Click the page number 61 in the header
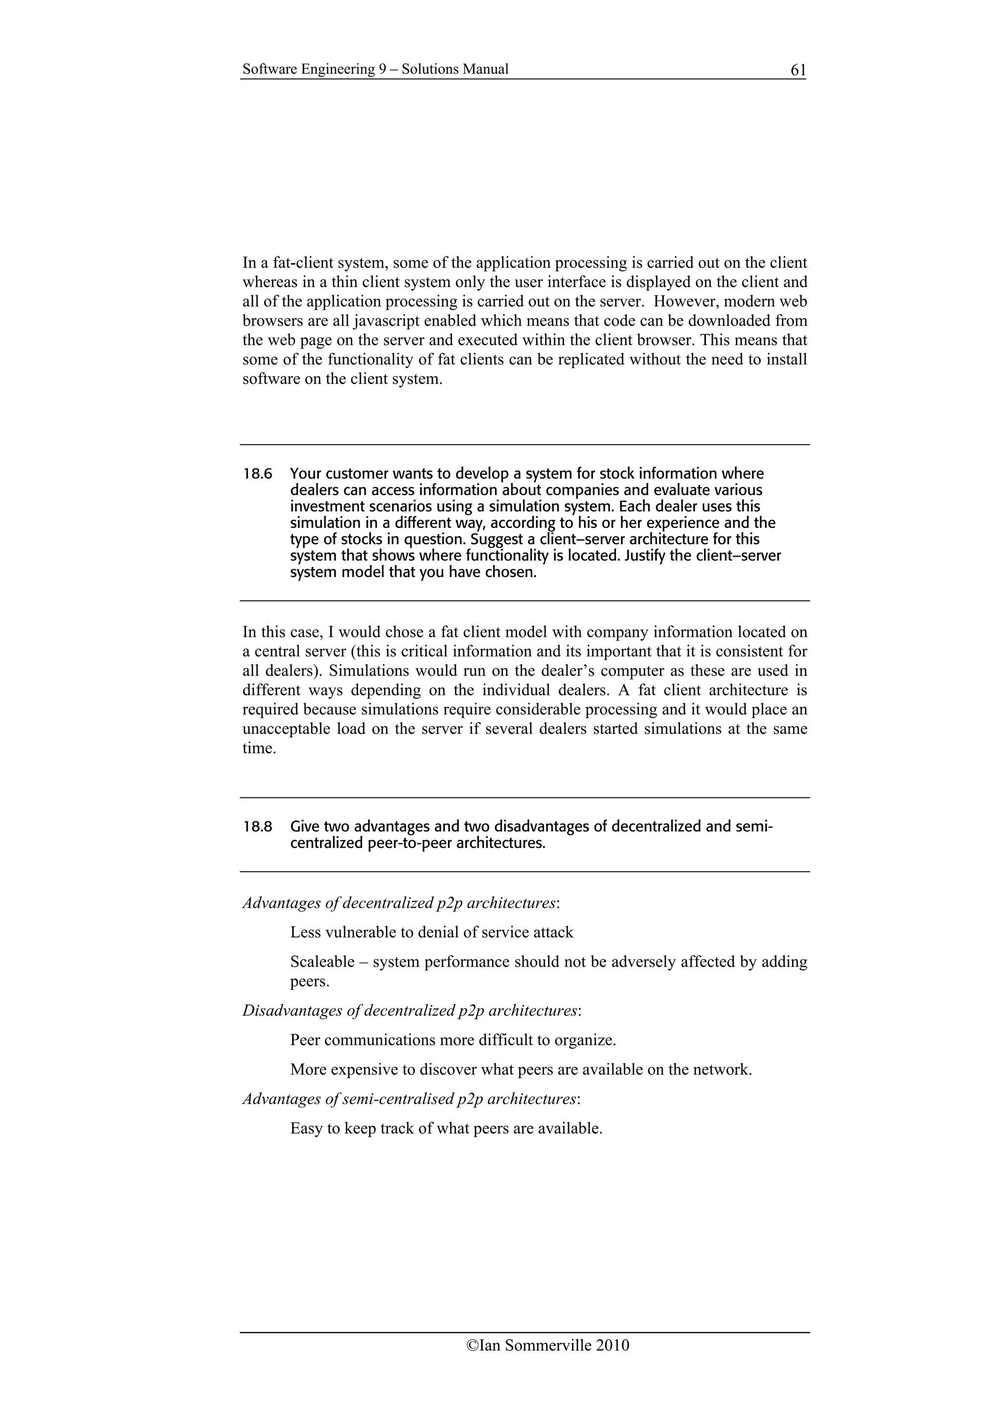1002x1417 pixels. [797, 70]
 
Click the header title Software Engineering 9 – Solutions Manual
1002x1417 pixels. [375, 69]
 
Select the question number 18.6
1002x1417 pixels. [257, 474]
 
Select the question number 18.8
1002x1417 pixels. [257, 826]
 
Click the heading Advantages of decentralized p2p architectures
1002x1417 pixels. [401, 903]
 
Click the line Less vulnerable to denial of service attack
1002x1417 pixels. [432, 932]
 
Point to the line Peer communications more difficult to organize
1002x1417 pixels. [453, 1040]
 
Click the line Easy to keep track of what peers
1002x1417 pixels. [446, 1129]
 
